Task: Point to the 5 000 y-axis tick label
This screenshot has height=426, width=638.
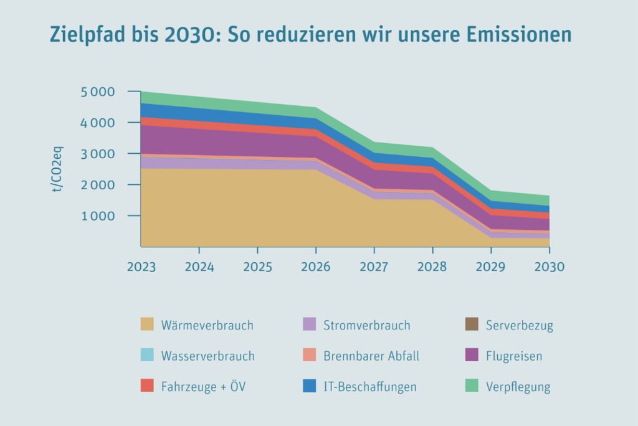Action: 98,92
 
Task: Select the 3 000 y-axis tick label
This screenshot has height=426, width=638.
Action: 98,154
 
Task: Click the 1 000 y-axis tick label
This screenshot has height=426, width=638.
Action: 98,216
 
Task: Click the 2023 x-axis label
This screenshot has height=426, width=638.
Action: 141,267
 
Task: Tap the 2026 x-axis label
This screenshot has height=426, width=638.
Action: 315,267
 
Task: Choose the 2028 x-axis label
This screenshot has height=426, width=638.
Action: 432,267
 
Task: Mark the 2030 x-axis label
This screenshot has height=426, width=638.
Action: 549,267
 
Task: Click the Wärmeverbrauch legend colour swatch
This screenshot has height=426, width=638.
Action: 147,324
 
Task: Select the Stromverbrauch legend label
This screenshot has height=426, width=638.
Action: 367,325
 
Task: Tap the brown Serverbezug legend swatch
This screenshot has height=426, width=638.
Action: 472,324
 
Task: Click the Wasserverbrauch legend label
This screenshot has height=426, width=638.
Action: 207,356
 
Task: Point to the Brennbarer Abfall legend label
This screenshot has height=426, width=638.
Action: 371,356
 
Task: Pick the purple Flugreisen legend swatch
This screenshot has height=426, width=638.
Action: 472,356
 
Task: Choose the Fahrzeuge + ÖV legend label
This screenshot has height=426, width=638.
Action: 203,387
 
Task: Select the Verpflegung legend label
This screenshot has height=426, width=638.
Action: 518,387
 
